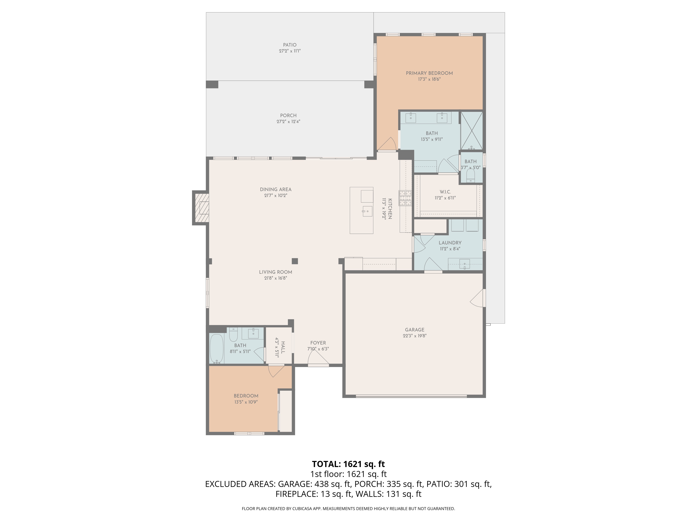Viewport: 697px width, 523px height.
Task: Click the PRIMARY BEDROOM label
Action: tap(429, 73)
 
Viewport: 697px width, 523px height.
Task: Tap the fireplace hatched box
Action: tap(202, 208)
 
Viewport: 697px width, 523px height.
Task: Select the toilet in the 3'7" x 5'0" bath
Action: tap(470, 177)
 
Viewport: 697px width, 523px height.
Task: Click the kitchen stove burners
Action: tap(405, 198)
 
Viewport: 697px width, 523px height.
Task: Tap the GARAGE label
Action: tap(415, 330)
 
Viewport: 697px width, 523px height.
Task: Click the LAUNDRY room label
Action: tap(450, 243)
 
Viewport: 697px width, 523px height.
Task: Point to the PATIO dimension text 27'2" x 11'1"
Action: tap(290, 51)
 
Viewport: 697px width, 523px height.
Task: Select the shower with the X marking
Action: tap(472, 131)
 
